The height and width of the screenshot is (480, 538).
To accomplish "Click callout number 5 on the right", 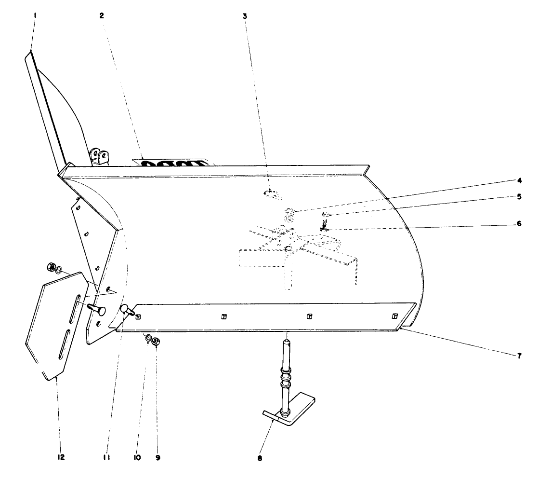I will (519, 196).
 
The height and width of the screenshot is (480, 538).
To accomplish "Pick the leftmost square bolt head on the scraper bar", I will (138, 316).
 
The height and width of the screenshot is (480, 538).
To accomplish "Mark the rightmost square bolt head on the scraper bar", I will (394, 316).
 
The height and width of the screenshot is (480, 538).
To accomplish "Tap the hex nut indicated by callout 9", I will (156, 342).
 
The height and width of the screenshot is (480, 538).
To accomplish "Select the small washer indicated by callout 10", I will (148, 338).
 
